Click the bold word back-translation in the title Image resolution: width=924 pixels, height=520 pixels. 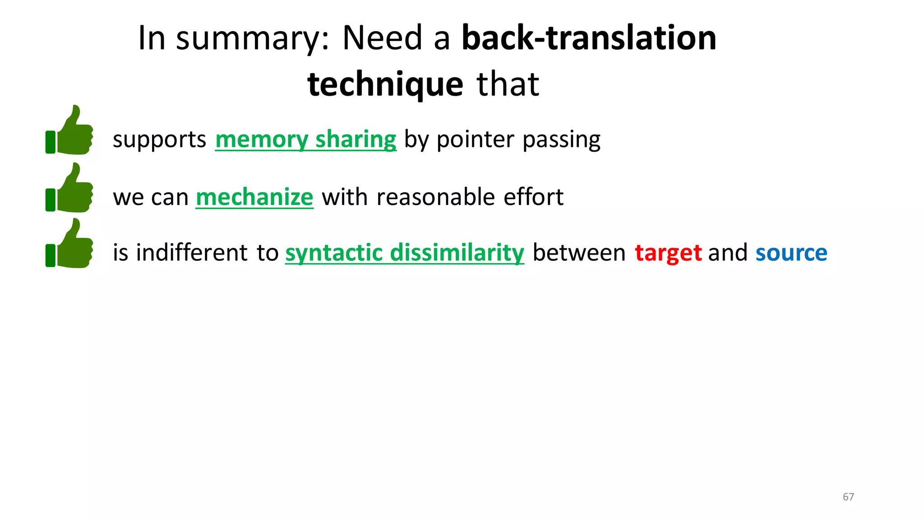(589, 38)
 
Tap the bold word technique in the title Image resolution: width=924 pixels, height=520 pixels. (385, 84)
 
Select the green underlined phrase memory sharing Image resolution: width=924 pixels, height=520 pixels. (305, 139)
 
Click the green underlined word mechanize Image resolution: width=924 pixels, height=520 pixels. (254, 197)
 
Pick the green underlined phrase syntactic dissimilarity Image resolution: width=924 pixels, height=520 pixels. (405, 253)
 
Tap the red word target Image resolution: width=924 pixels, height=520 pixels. (668, 253)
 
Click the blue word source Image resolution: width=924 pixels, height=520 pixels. (791, 253)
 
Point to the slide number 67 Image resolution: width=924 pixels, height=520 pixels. (848, 497)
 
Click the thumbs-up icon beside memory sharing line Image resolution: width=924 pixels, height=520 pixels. (70, 131)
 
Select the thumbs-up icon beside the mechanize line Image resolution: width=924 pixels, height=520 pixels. (70, 188)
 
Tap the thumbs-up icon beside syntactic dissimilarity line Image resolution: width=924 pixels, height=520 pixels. (70, 244)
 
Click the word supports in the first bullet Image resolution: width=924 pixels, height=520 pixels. (159, 140)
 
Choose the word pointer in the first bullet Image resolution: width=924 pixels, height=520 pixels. (475, 140)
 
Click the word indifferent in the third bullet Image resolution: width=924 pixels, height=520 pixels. (192, 253)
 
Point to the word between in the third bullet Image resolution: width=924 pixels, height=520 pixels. (579, 253)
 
